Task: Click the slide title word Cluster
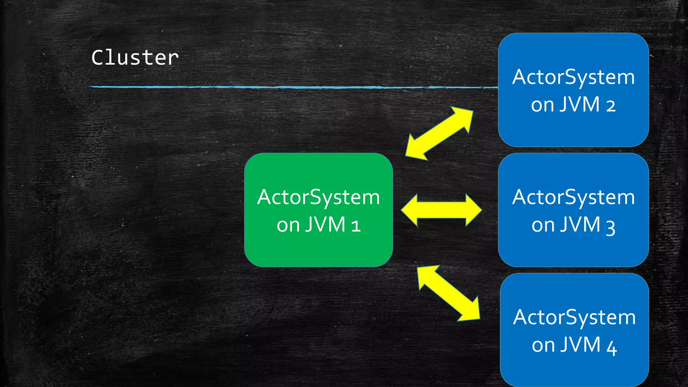tap(135, 58)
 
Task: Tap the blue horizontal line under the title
tap(292, 87)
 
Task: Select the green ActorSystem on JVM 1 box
tap(318, 249)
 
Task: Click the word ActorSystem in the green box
tap(318, 197)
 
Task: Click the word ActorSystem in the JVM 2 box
tap(573, 77)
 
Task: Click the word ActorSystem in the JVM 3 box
tap(573, 197)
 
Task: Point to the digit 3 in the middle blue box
tap(610, 227)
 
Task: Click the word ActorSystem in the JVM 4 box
tap(574, 317)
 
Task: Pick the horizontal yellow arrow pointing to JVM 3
tap(441, 210)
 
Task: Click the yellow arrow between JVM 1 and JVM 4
tap(449, 293)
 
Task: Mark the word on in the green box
tap(288, 225)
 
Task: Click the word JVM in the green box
tap(325, 225)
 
